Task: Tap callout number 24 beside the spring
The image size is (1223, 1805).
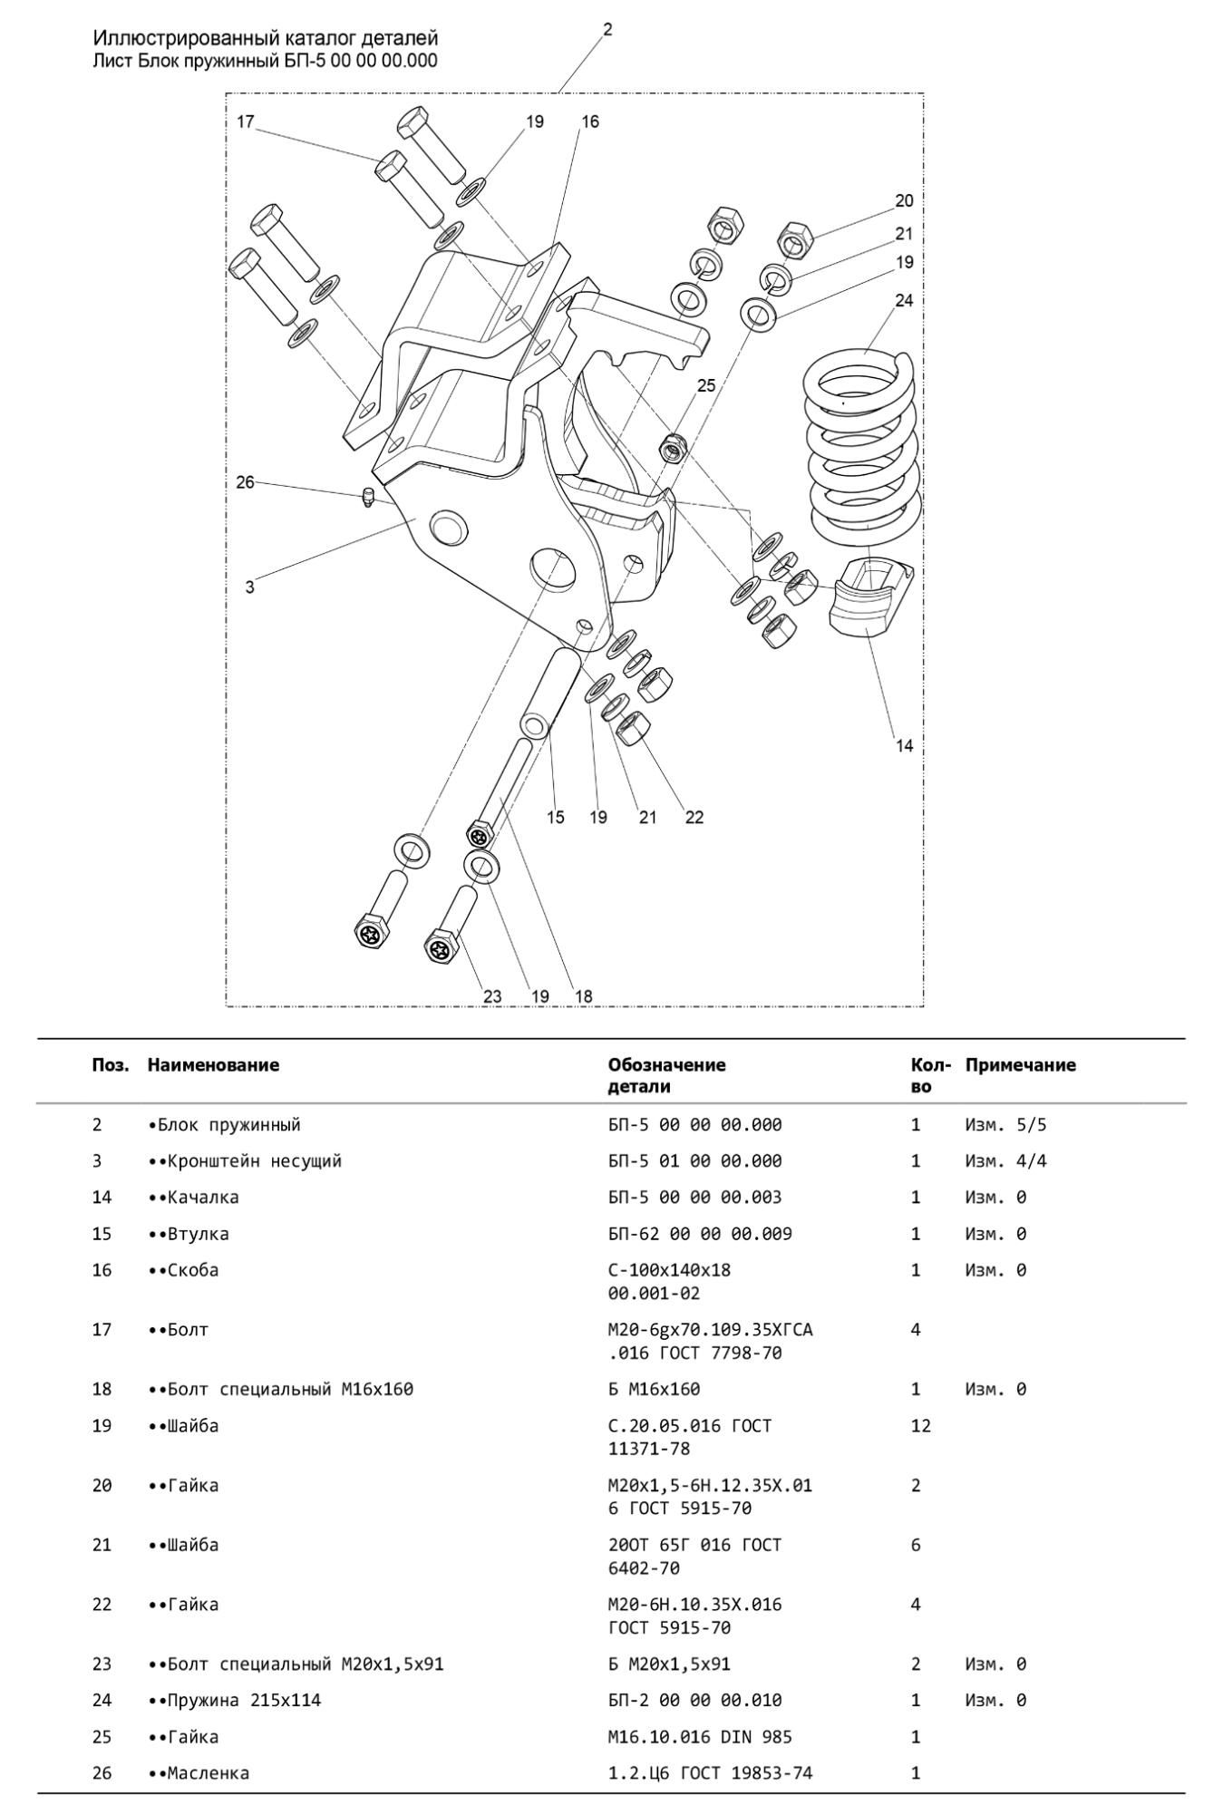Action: [903, 300]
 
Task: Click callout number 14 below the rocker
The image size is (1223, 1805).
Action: [904, 746]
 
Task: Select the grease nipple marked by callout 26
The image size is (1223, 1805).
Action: [368, 497]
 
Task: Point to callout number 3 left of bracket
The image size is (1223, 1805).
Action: [249, 587]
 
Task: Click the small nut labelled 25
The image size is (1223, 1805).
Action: [671, 446]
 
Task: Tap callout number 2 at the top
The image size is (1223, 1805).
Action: [607, 30]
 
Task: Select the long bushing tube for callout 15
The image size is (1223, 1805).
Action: [549, 694]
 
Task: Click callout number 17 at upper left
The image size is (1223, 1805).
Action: [246, 121]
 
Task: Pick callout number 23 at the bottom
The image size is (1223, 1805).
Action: [491, 996]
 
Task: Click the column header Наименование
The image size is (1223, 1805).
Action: [213, 1064]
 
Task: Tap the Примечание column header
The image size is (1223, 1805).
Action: [1020, 1064]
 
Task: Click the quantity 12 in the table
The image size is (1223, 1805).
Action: [920, 1425]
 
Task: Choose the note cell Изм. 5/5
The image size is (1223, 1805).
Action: [1005, 1124]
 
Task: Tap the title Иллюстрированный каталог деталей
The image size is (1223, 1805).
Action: [266, 38]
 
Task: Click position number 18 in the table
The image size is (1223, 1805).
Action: [102, 1389]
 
